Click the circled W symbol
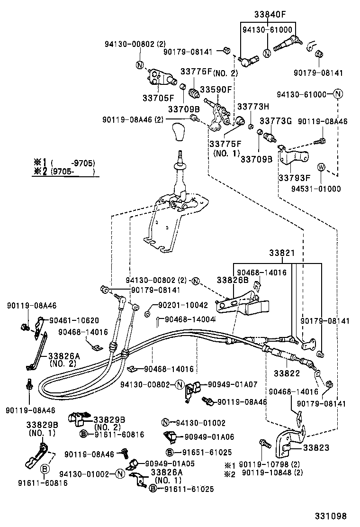coord(321,166)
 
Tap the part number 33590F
coord(216,89)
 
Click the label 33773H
coord(253,107)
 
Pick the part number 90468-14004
coord(190,320)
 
